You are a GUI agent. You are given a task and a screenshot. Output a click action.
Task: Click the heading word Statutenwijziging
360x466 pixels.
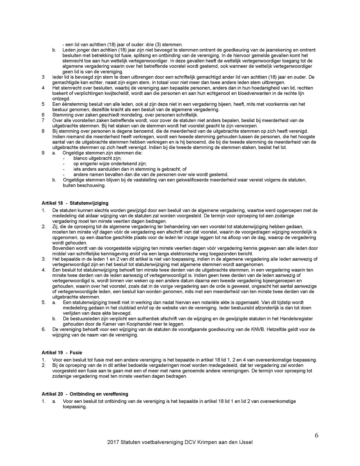point(89,203)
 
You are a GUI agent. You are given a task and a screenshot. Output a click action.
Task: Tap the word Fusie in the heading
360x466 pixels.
point(76,353)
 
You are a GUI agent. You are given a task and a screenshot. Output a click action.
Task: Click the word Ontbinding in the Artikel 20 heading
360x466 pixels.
point(84,394)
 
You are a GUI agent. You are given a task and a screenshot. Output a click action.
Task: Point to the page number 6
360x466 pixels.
point(316,435)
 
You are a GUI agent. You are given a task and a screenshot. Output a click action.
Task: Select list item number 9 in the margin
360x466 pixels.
point(43,153)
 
